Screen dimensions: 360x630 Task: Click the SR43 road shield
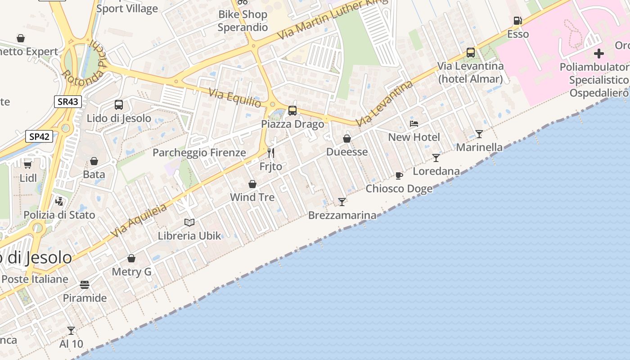(x=68, y=102)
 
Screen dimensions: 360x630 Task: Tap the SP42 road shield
(x=39, y=136)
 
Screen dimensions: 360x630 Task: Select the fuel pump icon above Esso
(x=517, y=21)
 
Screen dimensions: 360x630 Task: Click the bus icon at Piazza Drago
(x=292, y=110)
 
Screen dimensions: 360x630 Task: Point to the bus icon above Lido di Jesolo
(x=119, y=105)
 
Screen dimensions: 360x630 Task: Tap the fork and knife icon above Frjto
(x=270, y=153)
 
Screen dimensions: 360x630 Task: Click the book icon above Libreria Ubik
(x=189, y=222)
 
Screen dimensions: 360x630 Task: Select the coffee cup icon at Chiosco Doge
(x=399, y=175)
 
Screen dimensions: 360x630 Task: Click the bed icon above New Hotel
(x=414, y=124)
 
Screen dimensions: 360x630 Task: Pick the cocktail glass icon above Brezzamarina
(x=342, y=202)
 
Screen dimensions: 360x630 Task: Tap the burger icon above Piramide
(x=85, y=284)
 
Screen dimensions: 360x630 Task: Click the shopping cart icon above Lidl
(x=28, y=164)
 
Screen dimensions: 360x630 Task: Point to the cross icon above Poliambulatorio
(x=598, y=54)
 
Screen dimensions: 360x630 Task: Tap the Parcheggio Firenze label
(x=199, y=153)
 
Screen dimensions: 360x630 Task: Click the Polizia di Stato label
(x=59, y=215)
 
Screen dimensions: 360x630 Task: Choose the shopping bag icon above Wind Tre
(x=252, y=184)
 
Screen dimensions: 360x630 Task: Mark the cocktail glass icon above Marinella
(x=479, y=134)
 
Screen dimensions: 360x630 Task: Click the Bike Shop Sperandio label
(x=243, y=21)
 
